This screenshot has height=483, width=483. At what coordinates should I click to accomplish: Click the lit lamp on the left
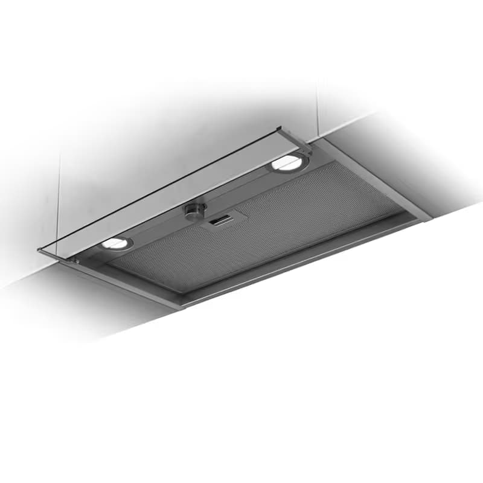click(x=117, y=243)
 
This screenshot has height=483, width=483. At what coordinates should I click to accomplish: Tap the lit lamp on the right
click(x=286, y=162)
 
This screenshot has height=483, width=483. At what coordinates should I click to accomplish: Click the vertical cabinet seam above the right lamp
click(x=318, y=109)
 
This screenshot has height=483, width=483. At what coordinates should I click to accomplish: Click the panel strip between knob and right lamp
click(x=241, y=184)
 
